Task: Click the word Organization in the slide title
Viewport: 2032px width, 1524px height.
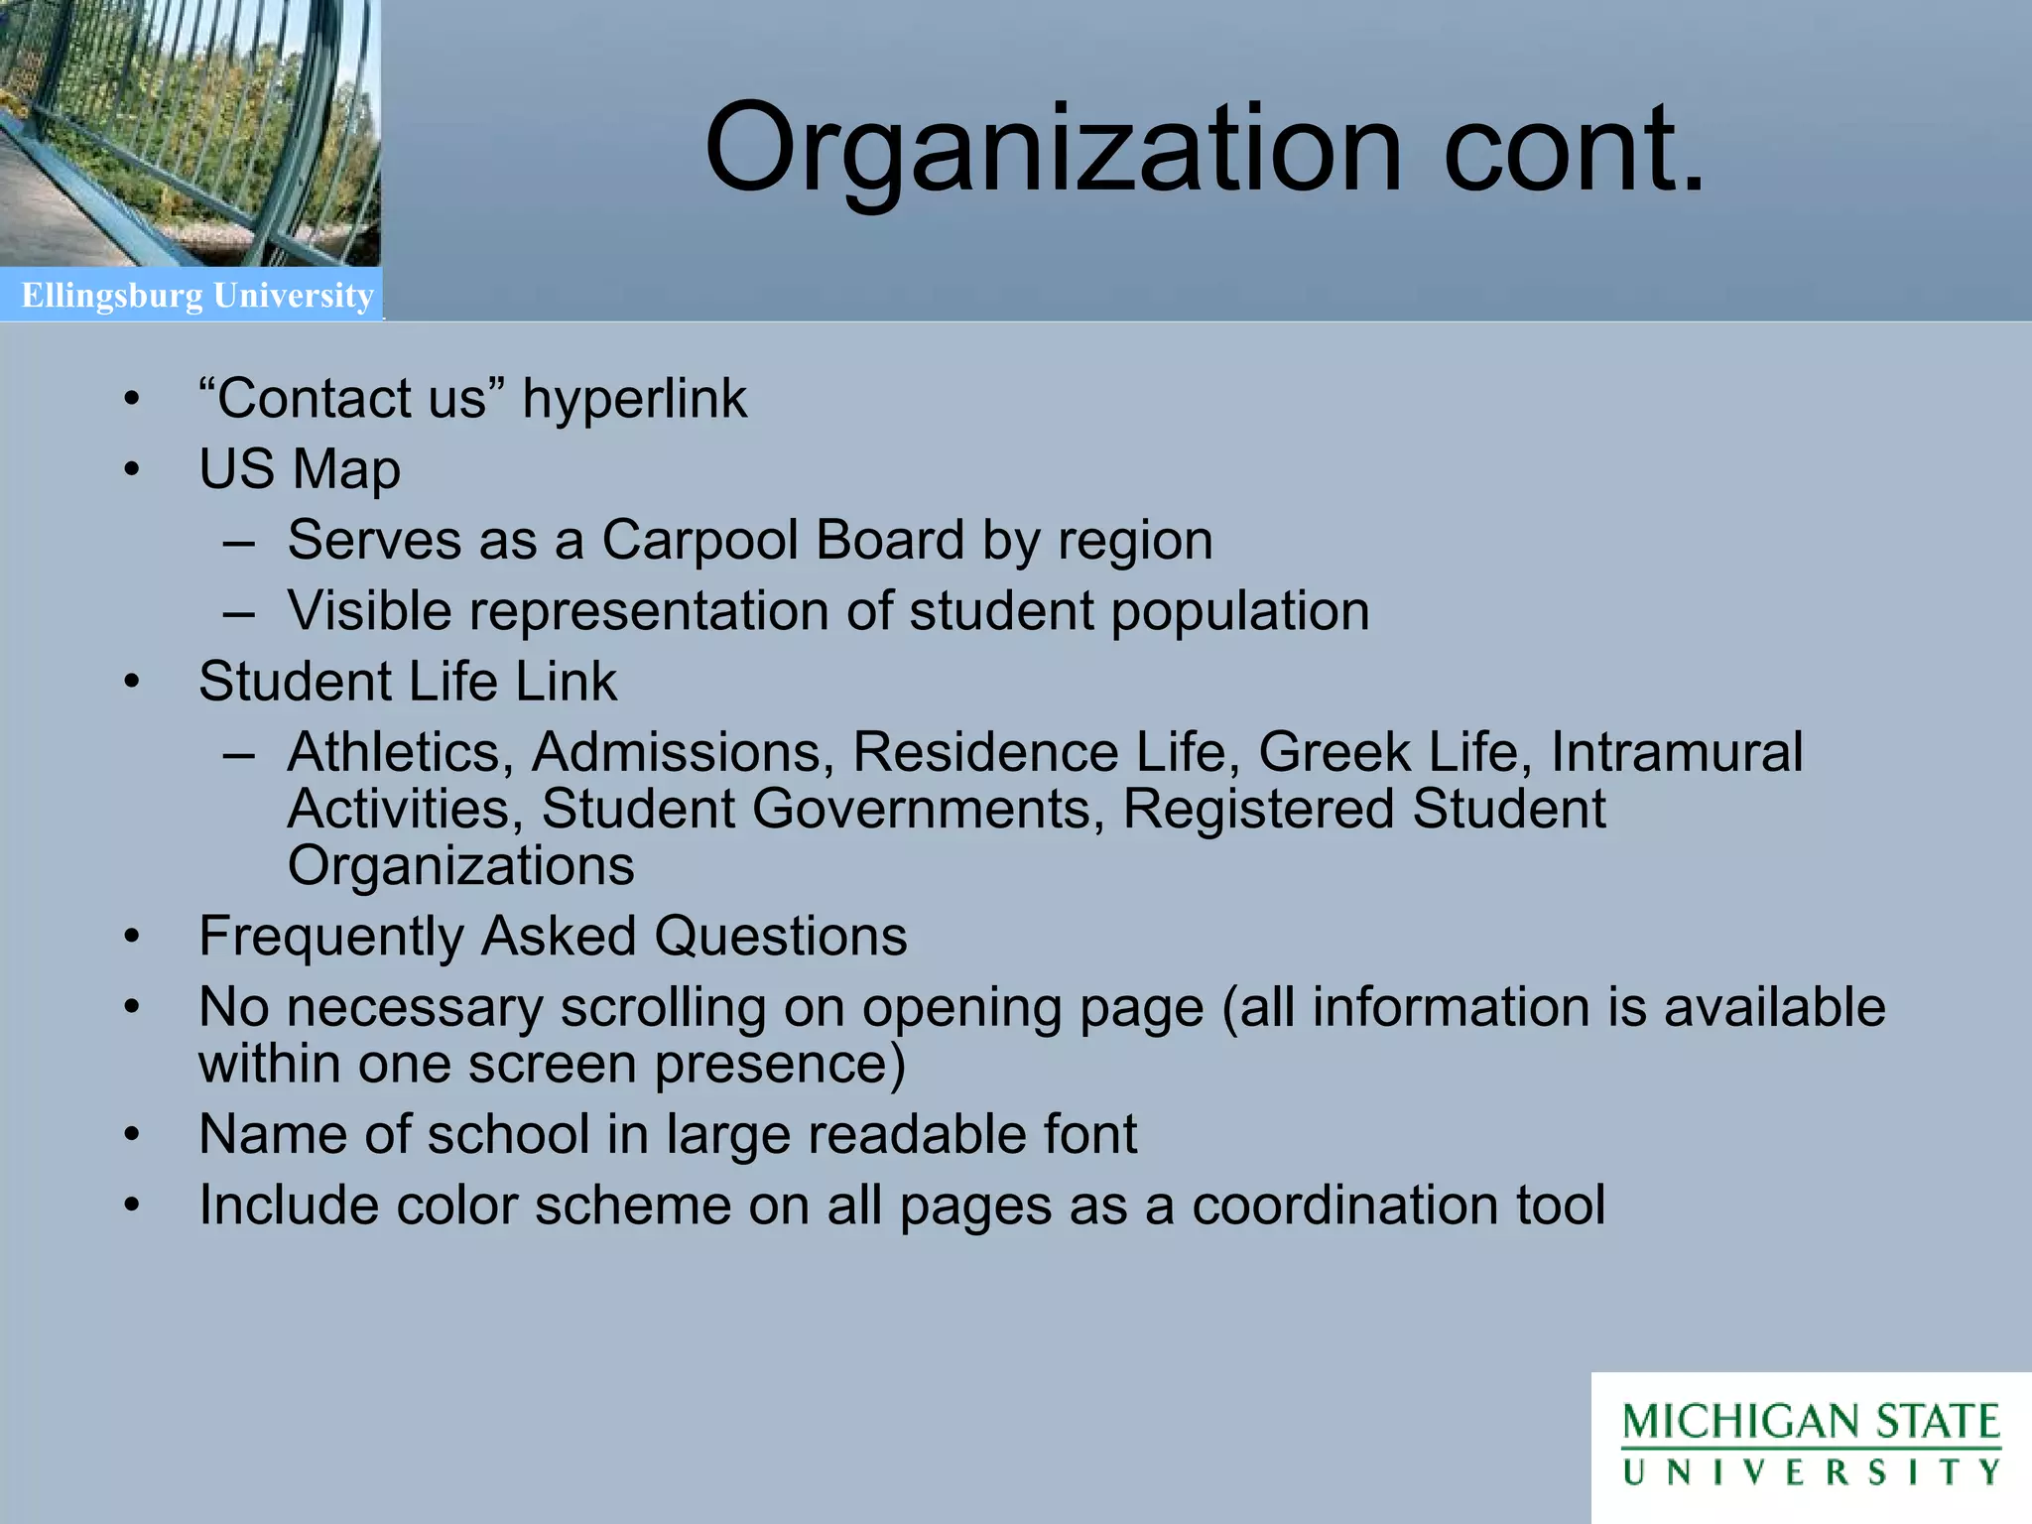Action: click(x=1052, y=149)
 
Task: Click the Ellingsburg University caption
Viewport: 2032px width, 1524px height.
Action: click(x=197, y=296)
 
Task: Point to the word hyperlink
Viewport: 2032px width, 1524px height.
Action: click(x=634, y=399)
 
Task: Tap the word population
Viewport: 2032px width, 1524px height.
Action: click(x=1240, y=611)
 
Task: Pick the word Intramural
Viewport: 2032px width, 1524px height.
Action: click(x=1677, y=752)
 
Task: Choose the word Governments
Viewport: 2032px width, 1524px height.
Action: click(x=928, y=809)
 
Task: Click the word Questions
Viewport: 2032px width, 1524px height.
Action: click(x=780, y=936)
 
